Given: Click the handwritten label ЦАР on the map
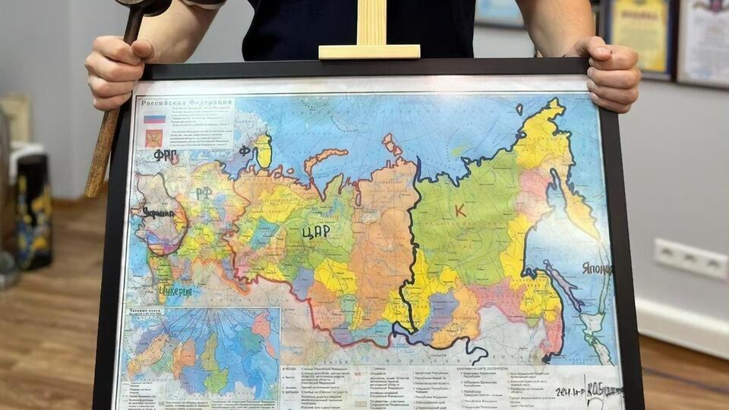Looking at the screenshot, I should pyautogui.click(x=315, y=232).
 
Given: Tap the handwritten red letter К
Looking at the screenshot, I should pyautogui.click(x=460, y=210).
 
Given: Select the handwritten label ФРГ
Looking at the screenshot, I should pyautogui.click(x=165, y=155).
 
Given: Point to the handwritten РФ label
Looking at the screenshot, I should pyautogui.click(x=203, y=193).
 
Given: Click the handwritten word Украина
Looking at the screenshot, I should pyautogui.click(x=159, y=214).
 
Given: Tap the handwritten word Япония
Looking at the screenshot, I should pyautogui.click(x=596, y=269).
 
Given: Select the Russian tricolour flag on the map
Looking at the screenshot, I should pyautogui.click(x=154, y=118).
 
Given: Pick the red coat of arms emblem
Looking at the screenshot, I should pyautogui.click(x=154, y=138).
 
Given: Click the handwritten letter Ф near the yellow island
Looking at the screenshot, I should pyautogui.click(x=245, y=150).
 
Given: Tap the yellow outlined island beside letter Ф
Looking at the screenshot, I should pyautogui.click(x=263, y=151).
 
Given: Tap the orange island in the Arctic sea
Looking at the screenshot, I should pyautogui.click(x=326, y=159).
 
